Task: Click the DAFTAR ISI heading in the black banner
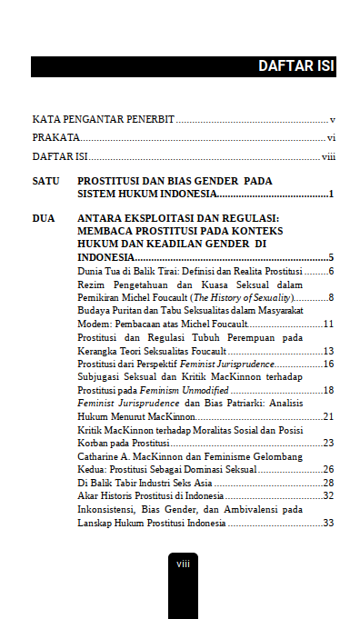click(296, 66)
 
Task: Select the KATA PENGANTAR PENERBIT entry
click(104, 119)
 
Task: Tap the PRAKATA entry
click(55, 138)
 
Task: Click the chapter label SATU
click(45, 181)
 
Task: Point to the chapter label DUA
click(43, 218)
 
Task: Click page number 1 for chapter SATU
click(333, 195)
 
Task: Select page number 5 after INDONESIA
click(333, 258)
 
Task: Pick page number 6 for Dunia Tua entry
click(333, 271)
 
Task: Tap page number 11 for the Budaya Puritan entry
click(330, 324)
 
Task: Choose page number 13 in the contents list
click(330, 351)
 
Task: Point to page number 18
click(330, 390)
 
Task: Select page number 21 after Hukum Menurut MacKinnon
click(330, 416)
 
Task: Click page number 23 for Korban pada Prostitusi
click(330, 443)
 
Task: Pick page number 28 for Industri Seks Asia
click(330, 483)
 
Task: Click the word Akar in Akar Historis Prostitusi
click(87, 495)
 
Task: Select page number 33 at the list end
click(330, 523)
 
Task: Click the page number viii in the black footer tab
click(182, 564)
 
